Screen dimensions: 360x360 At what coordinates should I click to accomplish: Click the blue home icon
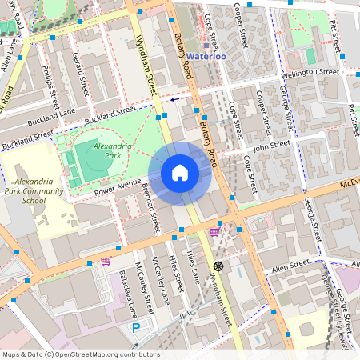coord(180,173)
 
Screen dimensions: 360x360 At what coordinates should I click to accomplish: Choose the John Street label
coord(270,147)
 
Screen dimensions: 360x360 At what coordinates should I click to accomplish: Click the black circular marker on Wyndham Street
coord(218,266)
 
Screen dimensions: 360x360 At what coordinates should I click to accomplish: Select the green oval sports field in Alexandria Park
coord(95,161)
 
